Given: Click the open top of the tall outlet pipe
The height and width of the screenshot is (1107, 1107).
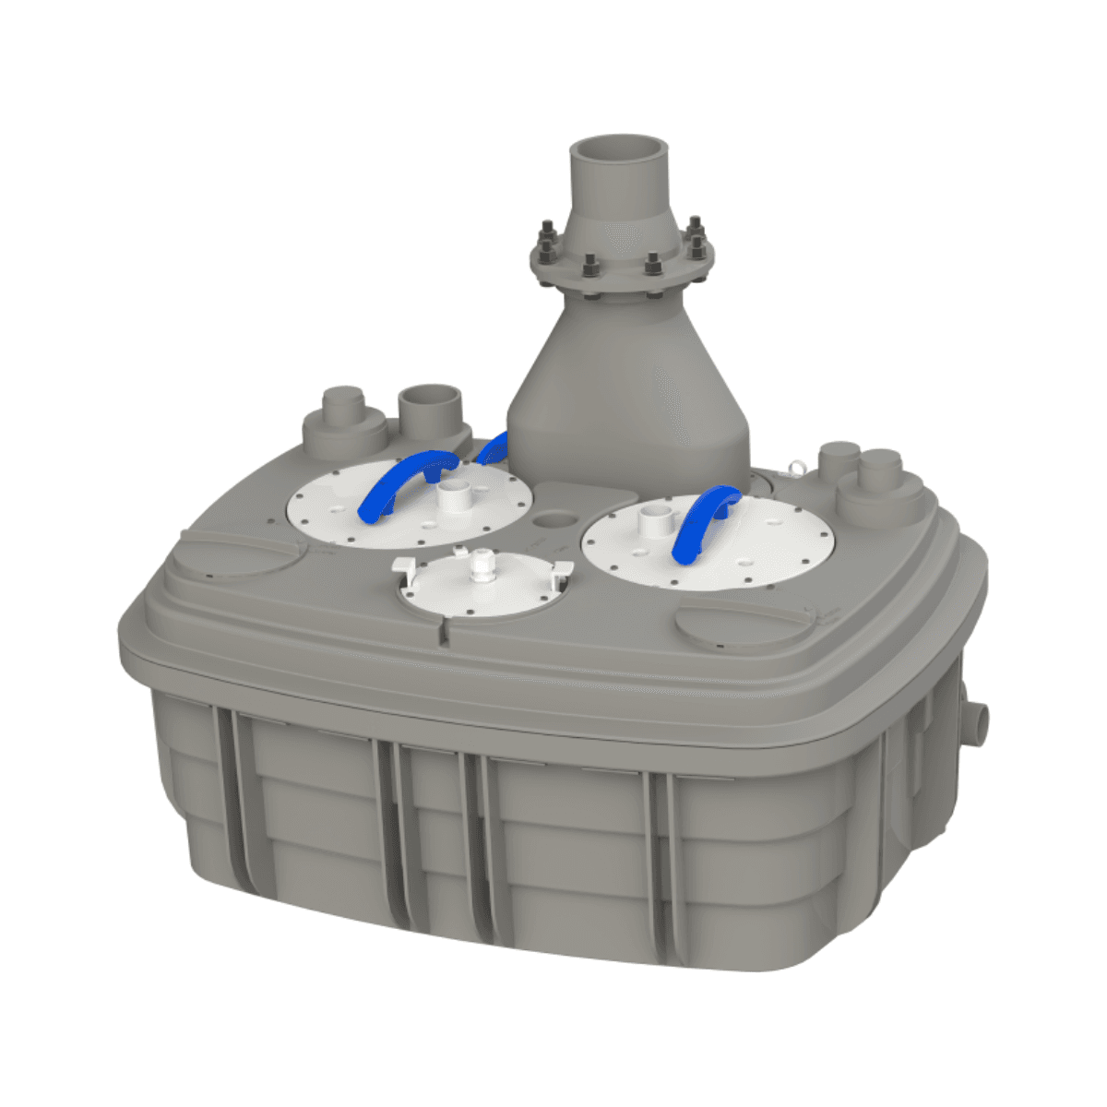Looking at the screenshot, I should point(617,149).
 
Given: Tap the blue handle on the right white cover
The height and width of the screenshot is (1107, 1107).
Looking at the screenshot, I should point(705,521).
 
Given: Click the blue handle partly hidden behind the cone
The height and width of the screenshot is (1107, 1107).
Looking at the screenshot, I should point(493,446).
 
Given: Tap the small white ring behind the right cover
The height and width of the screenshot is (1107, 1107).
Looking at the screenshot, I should point(792,470).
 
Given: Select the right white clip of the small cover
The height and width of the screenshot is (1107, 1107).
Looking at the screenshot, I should point(557,567).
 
